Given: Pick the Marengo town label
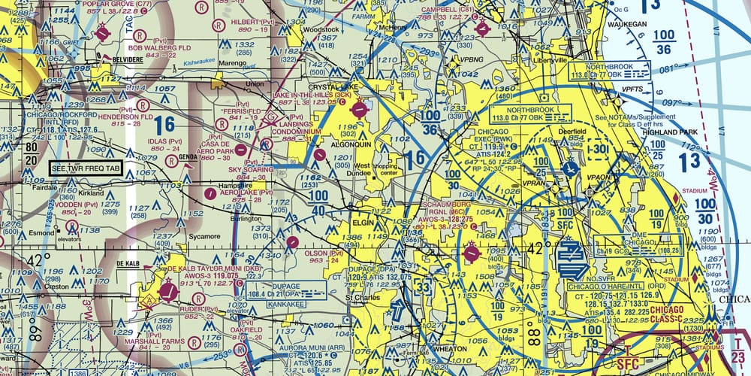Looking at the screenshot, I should (x=221, y=65).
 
